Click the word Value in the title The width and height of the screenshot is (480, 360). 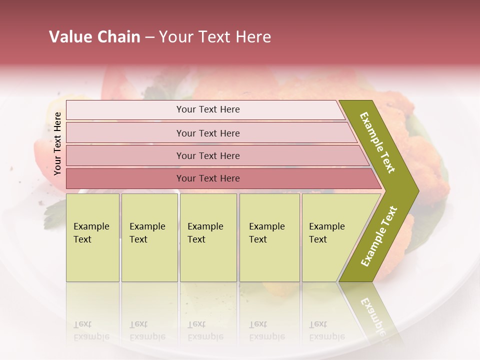coord(69,37)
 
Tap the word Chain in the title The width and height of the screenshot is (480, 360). coord(118,37)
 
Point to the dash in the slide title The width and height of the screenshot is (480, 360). coord(149,37)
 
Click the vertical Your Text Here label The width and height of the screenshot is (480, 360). coord(57,143)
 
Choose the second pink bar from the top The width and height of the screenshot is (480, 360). coord(208,133)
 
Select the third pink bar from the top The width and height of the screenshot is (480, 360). coord(208,155)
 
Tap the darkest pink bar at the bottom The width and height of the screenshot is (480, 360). coord(208,178)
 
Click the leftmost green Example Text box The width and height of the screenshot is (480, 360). coord(92,237)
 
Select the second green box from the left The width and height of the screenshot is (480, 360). coord(149,237)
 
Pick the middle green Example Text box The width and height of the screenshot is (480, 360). coord(208,237)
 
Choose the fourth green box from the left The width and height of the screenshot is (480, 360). coord(269,237)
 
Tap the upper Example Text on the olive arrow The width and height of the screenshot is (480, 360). coord(377,142)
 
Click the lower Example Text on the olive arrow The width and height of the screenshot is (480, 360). coord(378,236)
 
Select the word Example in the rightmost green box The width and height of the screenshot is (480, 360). coord(327,226)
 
